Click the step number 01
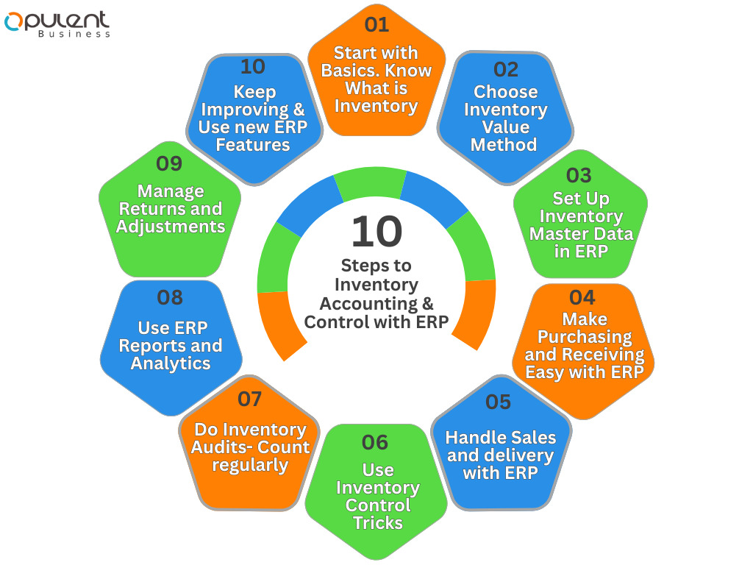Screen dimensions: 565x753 tap(376, 25)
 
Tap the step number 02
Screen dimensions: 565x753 tap(505, 69)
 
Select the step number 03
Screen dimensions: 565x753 tap(579, 176)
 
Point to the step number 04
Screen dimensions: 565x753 tap(582, 297)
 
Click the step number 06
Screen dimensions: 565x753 tap(375, 442)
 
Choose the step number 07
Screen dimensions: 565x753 tap(250, 399)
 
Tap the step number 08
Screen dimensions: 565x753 tap(170, 297)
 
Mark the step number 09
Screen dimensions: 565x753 tap(169, 163)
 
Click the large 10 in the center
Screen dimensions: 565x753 tap(376, 231)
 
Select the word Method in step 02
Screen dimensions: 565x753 tap(504, 145)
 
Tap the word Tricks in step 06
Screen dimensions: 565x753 tap(378, 523)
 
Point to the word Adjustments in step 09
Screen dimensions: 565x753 tap(171, 227)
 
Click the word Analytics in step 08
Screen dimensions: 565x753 tap(171, 363)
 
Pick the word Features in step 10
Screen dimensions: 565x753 tap(252, 145)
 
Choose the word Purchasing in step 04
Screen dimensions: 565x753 tap(585, 337)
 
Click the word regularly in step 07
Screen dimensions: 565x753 tap(250, 465)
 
